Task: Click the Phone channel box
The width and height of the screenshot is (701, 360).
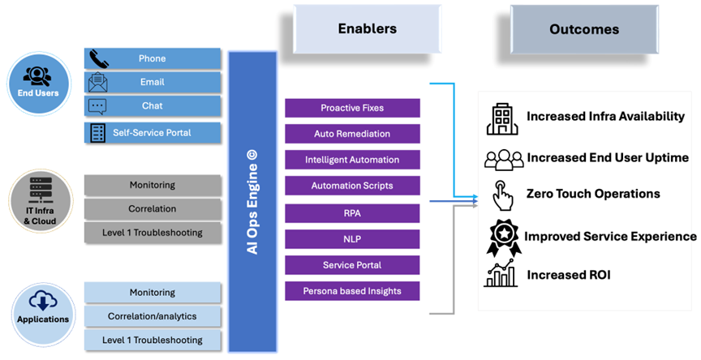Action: pyautogui.click(x=153, y=58)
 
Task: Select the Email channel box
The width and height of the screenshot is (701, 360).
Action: pyautogui.click(x=153, y=82)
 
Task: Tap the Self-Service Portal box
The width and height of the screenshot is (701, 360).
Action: pyautogui.click(x=153, y=132)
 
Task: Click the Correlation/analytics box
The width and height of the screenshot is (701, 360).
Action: pyautogui.click(x=153, y=315)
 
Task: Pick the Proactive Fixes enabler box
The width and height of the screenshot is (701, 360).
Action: pyautogui.click(x=352, y=108)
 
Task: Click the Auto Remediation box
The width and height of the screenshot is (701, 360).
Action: pyautogui.click(x=352, y=134)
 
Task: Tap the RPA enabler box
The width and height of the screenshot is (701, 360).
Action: pyautogui.click(x=352, y=212)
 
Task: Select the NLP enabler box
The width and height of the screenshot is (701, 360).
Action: pyautogui.click(x=352, y=238)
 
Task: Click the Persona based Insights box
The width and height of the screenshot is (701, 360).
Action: pyautogui.click(x=352, y=290)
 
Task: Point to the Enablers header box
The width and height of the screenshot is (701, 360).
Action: pyautogui.click(x=367, y=29)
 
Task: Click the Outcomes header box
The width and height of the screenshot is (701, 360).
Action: pyautogui.click(x=583, y=29)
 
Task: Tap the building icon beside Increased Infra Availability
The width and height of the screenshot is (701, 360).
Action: pyautogui.click(x=501, y=118)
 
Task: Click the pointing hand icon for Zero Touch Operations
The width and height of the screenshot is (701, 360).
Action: pyautogui.click(x=503, y=195)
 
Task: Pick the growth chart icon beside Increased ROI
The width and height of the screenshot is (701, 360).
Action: pyautogui.click(x=501, y=274)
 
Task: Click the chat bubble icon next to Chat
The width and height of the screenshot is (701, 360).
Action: pyautogui.click(x=97, y=106)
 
